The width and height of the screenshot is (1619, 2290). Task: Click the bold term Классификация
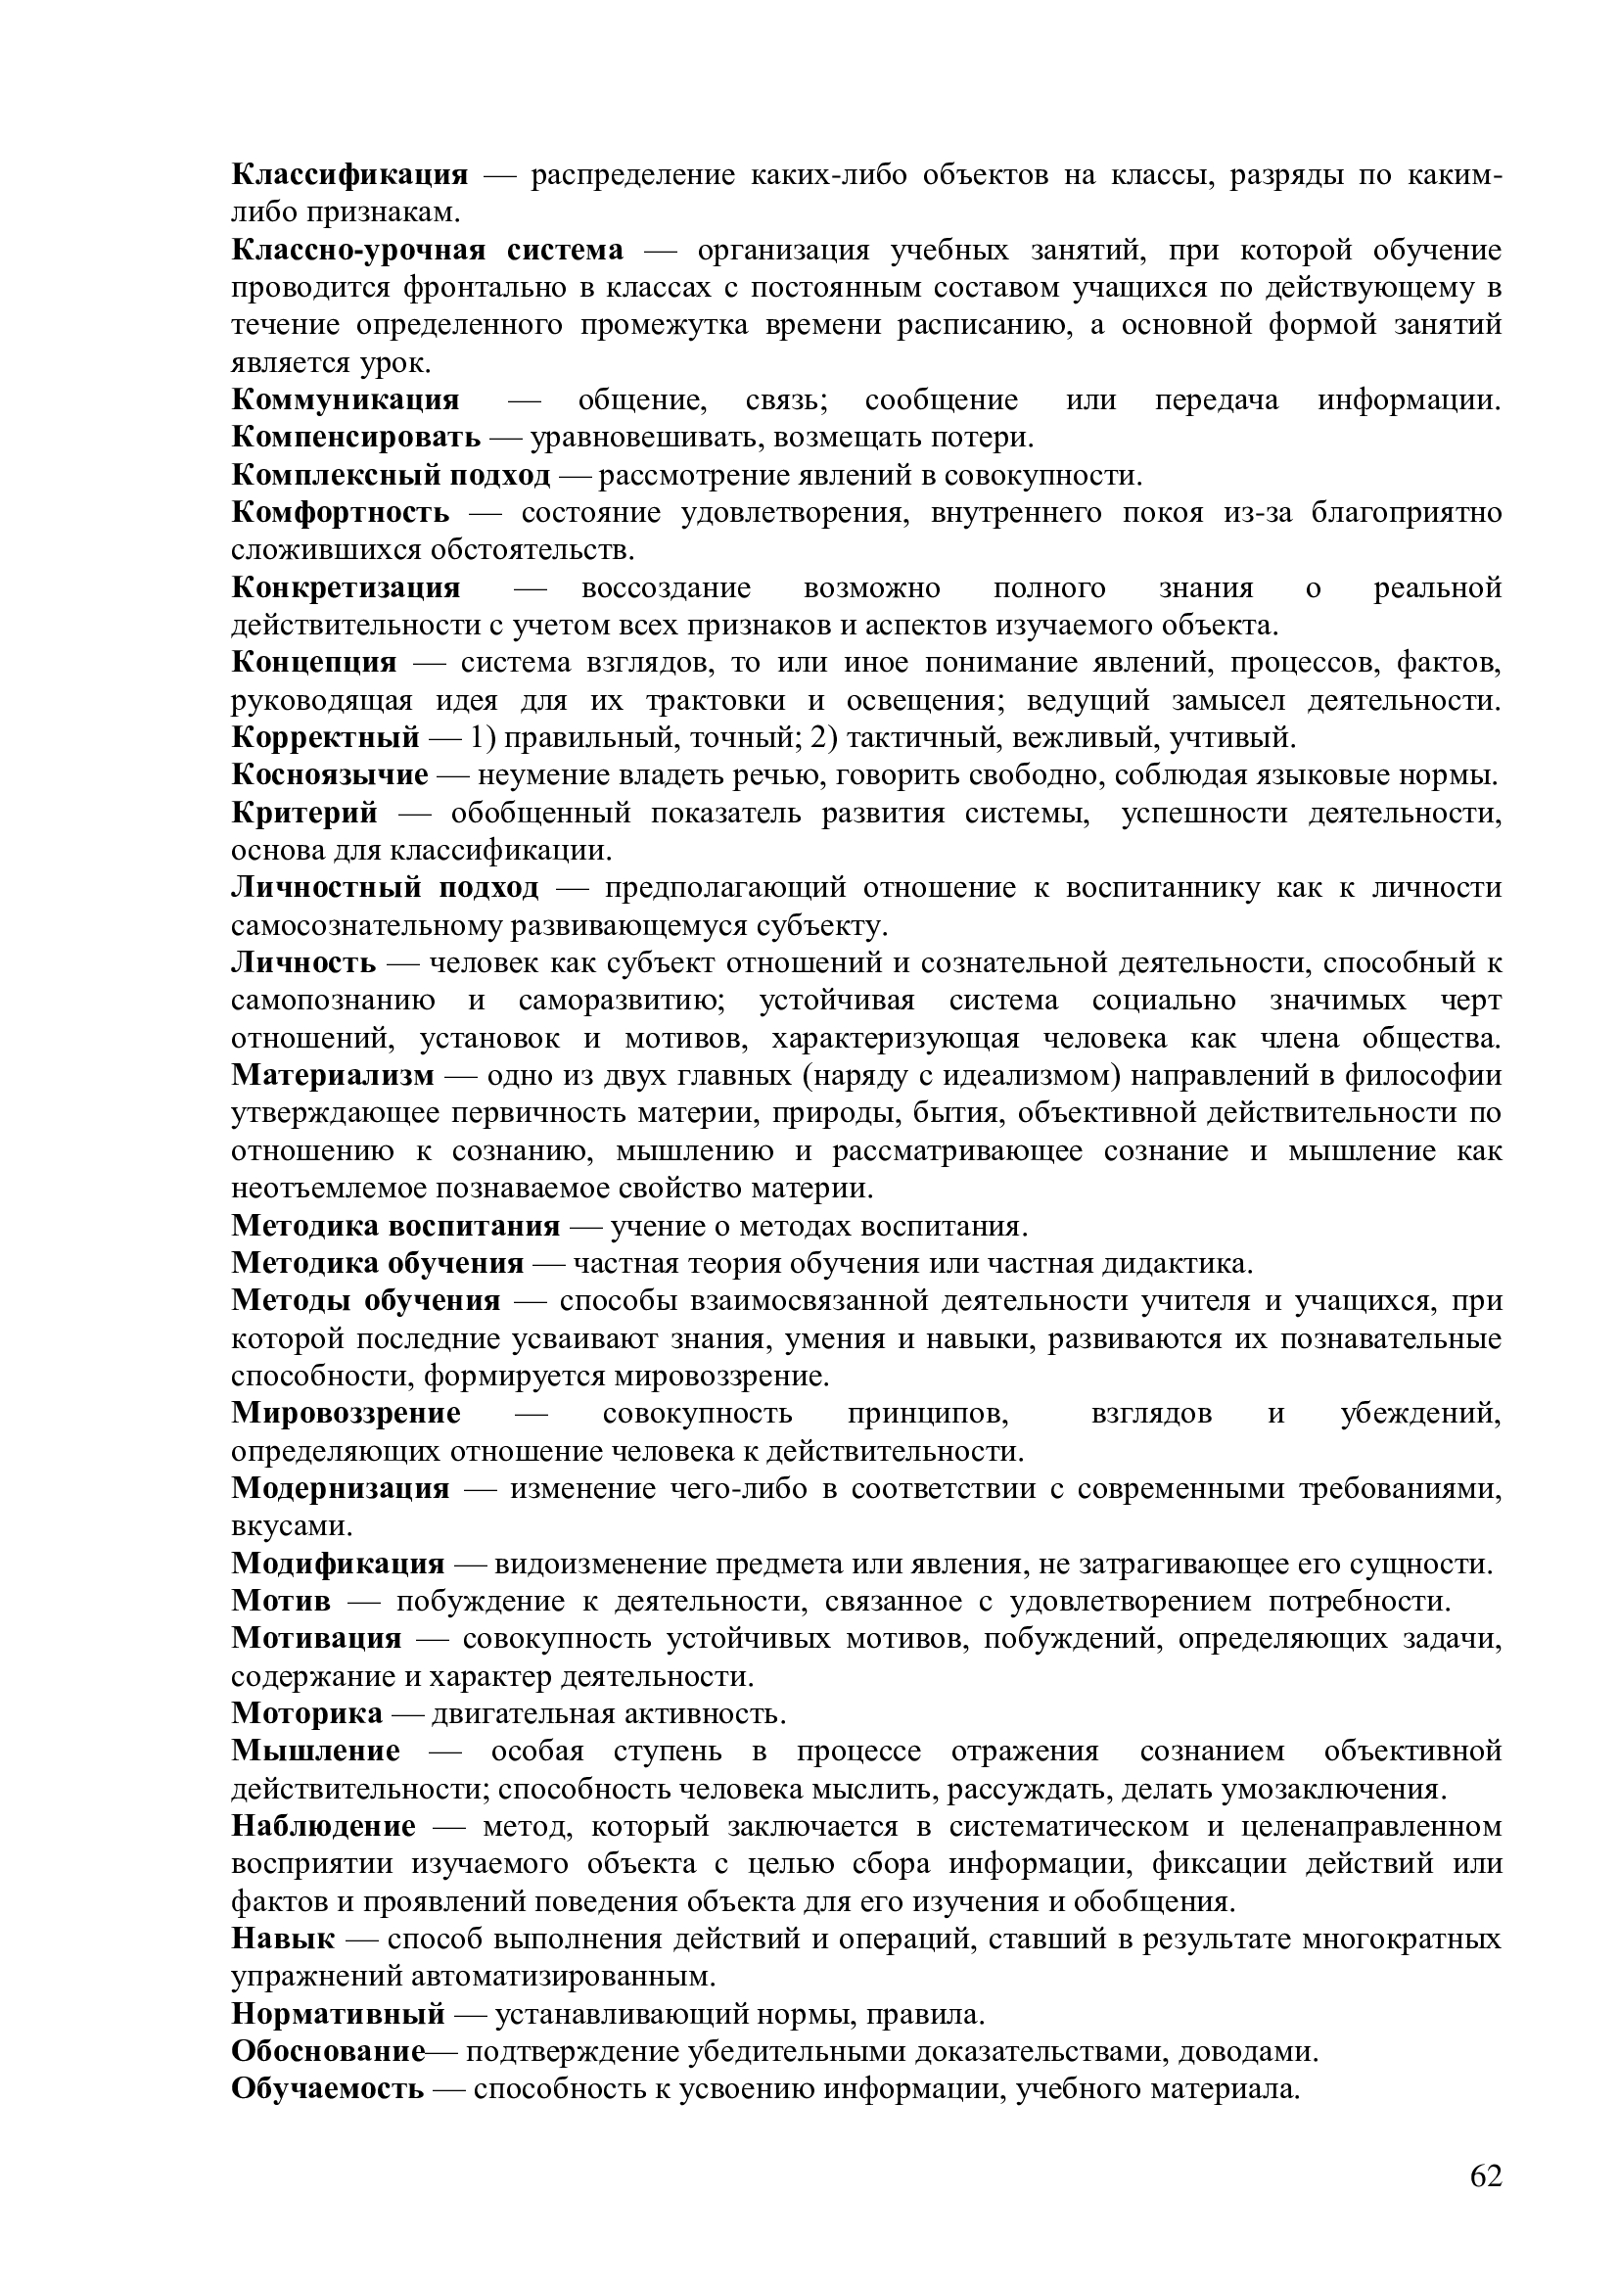point(348,175)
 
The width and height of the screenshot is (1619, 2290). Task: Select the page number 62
point(1486,2176)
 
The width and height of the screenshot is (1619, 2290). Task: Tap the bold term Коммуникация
point(345,401)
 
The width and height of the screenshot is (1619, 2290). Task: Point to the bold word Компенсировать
point(356,438)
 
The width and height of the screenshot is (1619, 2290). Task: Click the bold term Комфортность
point(340,514)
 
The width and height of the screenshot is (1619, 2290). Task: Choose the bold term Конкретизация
point(346,588)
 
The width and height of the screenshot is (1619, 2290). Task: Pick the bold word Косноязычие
point(330,775)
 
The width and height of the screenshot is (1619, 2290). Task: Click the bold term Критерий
point(305,813)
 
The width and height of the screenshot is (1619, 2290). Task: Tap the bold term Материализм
point(333,1076)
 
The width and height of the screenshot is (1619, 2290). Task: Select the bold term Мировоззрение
point(346,1414)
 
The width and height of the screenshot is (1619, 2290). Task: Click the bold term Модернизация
point(340,1489)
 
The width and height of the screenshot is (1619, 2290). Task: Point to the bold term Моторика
point(307,1714)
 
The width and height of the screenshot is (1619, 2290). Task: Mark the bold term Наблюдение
point(323,1827)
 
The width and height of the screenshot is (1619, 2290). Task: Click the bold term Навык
point(283,1939)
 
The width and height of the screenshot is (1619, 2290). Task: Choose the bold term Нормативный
point(338,2015)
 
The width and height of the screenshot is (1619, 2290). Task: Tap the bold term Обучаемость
point(327,2089)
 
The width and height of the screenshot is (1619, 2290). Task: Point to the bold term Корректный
point(325,738)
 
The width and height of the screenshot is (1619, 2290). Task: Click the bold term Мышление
point(316,1752)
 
